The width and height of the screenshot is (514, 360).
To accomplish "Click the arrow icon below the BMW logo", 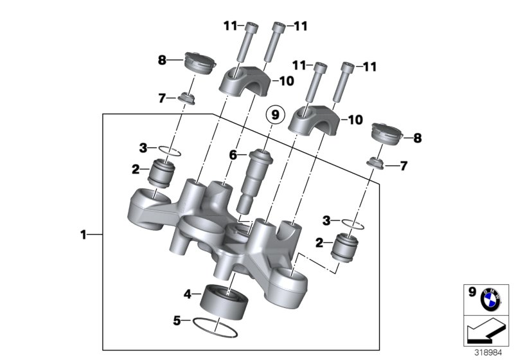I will click(487, 331).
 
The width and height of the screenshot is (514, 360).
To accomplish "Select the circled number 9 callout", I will click(275, 116).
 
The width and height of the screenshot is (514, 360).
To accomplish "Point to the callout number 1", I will click(83, 235).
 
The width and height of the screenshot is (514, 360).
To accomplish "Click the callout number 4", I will click(188, 294).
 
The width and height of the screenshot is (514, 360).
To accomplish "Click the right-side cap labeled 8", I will click(388, 135).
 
